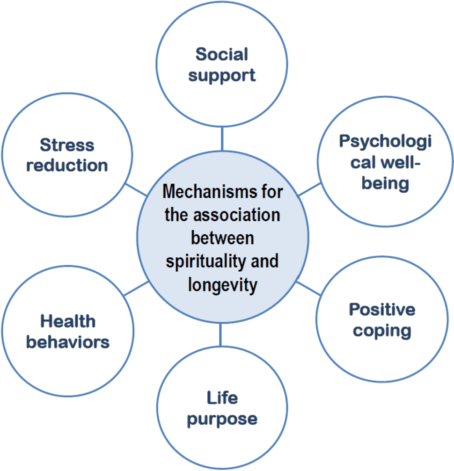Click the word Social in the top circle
[x=222, y=54]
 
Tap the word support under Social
[x=222, y=75]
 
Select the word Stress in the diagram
[x=66, y=145]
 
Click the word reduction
[x=66, y=165]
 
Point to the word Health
[x=67, y=321]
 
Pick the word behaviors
[x=67, y=341]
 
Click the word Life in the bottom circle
[x=222, y=398]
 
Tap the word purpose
[x=222, y=419]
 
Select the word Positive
[x=382, y=310]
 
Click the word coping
[x=382, y=330]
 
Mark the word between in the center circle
[x=223, y=238]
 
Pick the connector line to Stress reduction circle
[x=137, y=189]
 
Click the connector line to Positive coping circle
[x=308, y=288]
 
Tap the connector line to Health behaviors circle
[x=136, y=289]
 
